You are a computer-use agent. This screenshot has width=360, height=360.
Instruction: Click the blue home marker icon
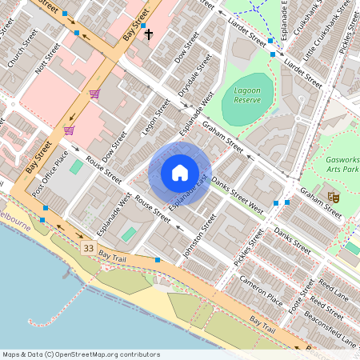click(179, 173)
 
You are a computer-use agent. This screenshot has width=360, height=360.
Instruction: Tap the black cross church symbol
click(148, 34)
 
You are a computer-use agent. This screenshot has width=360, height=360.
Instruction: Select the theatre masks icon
click(333, 195)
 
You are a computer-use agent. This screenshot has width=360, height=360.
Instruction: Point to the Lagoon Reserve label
click(247, 96)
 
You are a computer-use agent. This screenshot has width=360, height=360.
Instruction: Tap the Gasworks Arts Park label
click(342, 165)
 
